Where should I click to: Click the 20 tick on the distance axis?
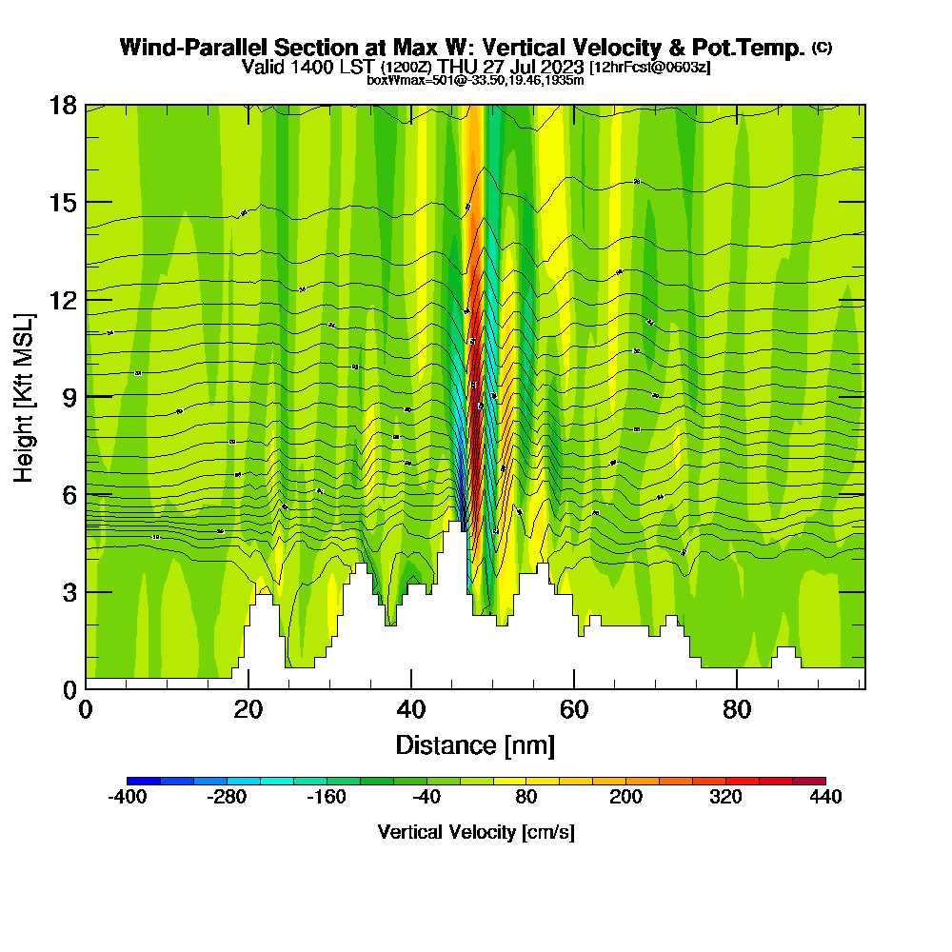point(248,710)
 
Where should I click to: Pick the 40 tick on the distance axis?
point(411,710)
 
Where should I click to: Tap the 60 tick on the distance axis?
point(574,710)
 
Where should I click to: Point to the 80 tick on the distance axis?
point(737,710)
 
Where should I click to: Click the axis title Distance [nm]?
point(475,744)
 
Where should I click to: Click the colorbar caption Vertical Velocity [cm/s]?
point(476,832)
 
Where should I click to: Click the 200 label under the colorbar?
point(626,798)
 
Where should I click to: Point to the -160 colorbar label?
point(327,798)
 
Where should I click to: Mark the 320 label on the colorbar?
point(725,798)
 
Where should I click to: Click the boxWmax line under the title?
point(475,80)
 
